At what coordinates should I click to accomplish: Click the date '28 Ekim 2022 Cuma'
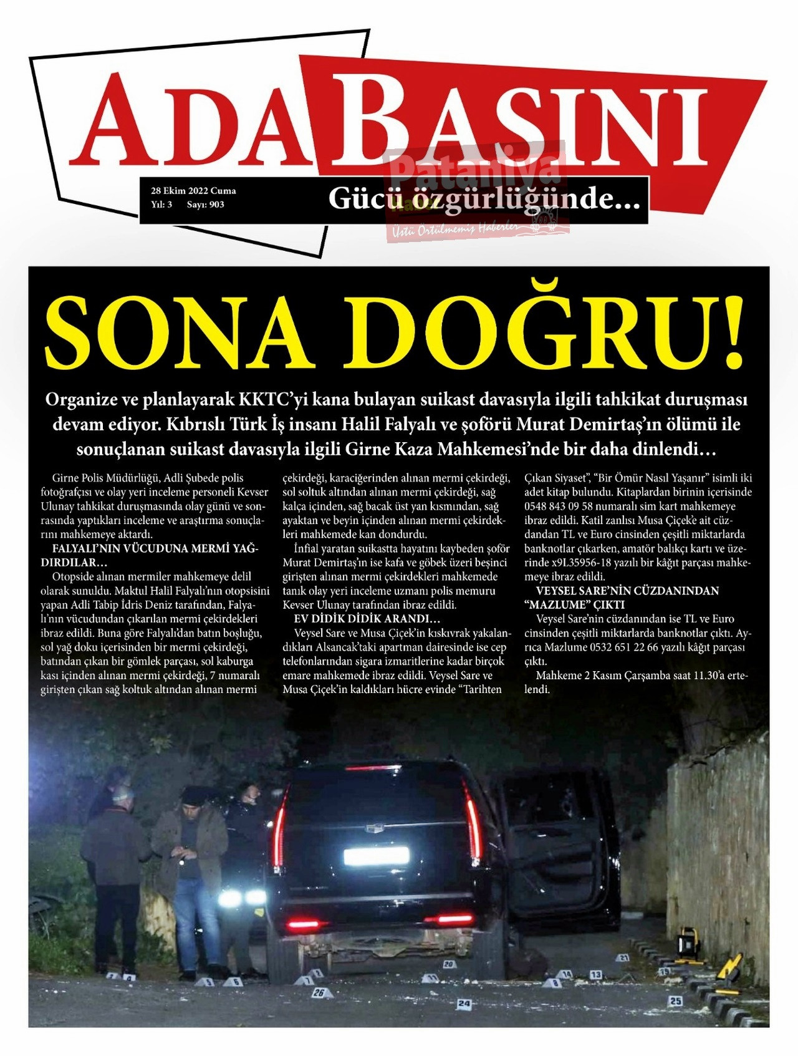pyautogui.click(x=193, y=191)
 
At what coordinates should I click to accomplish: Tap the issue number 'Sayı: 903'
pyautogui.click(x=206, y=205)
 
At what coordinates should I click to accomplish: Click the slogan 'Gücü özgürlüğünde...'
pyautogui.click(x=484, y=199)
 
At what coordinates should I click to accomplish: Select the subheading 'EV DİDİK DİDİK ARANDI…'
pyautogui.click(x=367, y=619)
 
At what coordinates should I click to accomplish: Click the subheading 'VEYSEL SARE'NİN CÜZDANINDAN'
pyautogui.click(x=627, y=591)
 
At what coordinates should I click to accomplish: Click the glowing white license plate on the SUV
pyautogui.click(x=376, y=856)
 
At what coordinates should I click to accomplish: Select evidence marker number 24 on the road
pyautogui.click(x=463, y=1004)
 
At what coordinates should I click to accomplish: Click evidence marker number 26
pyautogui.click(x=319, y=992)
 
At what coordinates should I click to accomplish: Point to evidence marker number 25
pyautogui.click(x=675, y=1000)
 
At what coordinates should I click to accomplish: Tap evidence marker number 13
pyautogui.click(x=596, y=974)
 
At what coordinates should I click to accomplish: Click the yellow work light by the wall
pyautogui.click(x=688, y=942)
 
